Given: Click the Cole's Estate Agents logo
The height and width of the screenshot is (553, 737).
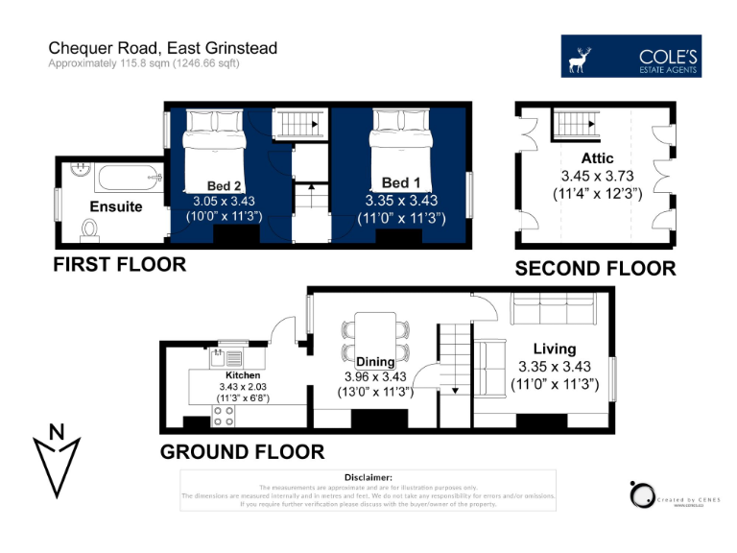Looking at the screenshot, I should pos(630,57).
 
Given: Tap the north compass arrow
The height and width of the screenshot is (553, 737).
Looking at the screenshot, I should pos(57,458).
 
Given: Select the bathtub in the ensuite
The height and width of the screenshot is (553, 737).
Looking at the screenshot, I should pos(119,177).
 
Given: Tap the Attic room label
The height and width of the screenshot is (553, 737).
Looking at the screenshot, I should pos(597,157).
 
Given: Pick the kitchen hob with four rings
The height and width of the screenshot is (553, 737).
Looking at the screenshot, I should pos(224,416).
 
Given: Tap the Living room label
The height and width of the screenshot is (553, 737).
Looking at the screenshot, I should pos(554,349).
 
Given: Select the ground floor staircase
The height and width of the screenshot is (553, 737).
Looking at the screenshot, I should pos(453,360).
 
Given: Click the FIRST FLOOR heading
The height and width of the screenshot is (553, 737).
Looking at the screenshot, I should pos(119,264).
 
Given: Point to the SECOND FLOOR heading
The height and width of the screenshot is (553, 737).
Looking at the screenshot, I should pos(595,268).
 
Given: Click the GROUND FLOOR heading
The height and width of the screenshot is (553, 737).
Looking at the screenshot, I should pos(242,451).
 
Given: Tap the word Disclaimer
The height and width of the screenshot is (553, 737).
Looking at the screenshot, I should pos(368,477).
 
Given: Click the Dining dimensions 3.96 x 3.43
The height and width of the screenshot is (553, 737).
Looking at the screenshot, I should pos(378,376).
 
